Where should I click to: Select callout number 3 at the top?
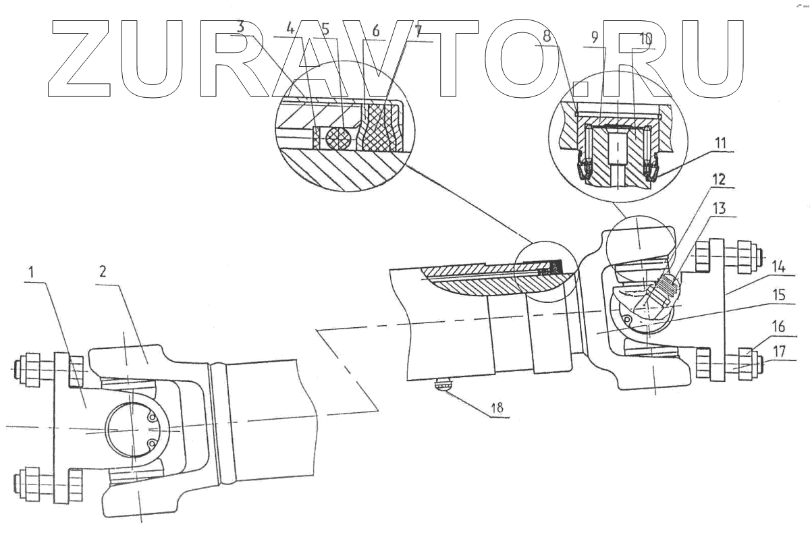[240, 27]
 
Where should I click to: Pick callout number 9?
[595, 38]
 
